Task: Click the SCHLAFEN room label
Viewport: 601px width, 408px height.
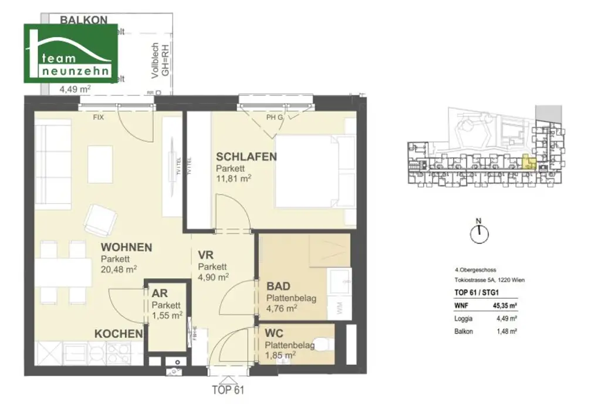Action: pyautogui.click(x=246, y=157)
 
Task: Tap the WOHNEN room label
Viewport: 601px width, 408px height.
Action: pyautogui.click(x=126, y=248)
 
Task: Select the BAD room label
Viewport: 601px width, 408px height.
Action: pyautogui.click(x=279, y=286)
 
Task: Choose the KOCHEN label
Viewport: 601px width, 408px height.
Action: pyautogui.click(x=119, y=334)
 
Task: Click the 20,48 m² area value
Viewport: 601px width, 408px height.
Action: pyautogui.click(x=119, y=269)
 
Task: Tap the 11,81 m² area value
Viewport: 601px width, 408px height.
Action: pyautogui.click(x=234, y=178)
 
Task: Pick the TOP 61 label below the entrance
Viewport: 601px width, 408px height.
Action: pyautogui.click(x=227, y=389)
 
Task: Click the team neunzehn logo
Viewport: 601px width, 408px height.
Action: pyautogui.click(x=70, y=53)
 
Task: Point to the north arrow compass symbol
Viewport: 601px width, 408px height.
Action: pyautogui.click(x=479, y=232)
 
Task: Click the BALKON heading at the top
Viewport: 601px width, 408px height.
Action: pyautogui.click(x=84, y=20)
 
